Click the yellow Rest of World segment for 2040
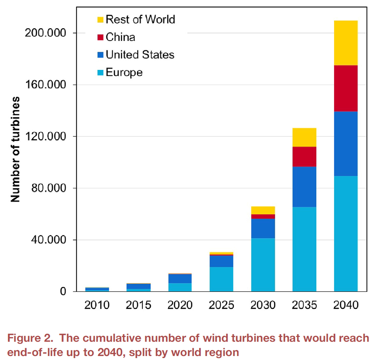(346, 43)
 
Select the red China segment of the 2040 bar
(346, 88)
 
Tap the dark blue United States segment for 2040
(346, 143)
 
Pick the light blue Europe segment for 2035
(304, 249)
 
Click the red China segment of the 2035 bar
(304, 156)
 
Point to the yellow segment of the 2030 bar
(263, 210)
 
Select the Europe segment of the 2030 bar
(263, 265)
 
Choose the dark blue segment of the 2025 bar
(221, 261)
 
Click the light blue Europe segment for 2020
(180, 287)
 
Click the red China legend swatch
(100, 37)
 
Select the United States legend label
(140, 54)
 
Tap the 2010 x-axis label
(97, 305)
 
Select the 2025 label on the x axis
(221, 305)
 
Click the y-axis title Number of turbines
(15, 149)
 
